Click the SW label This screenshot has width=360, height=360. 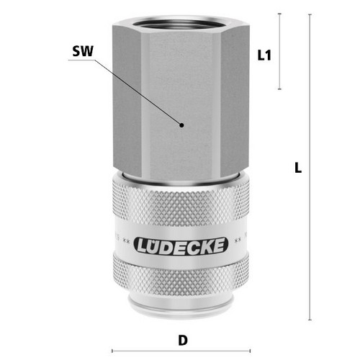point(83,51)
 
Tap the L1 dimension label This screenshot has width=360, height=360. point(264,55)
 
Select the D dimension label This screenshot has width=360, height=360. point(183,340)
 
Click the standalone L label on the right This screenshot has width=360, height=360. point(298,168)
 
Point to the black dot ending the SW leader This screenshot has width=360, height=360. point(181,125)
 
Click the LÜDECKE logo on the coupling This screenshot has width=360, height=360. point(181,246)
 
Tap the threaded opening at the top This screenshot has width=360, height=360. point(181,24)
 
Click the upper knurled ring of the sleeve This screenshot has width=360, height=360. point(181,202)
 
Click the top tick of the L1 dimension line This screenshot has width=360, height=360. point(279,14)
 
